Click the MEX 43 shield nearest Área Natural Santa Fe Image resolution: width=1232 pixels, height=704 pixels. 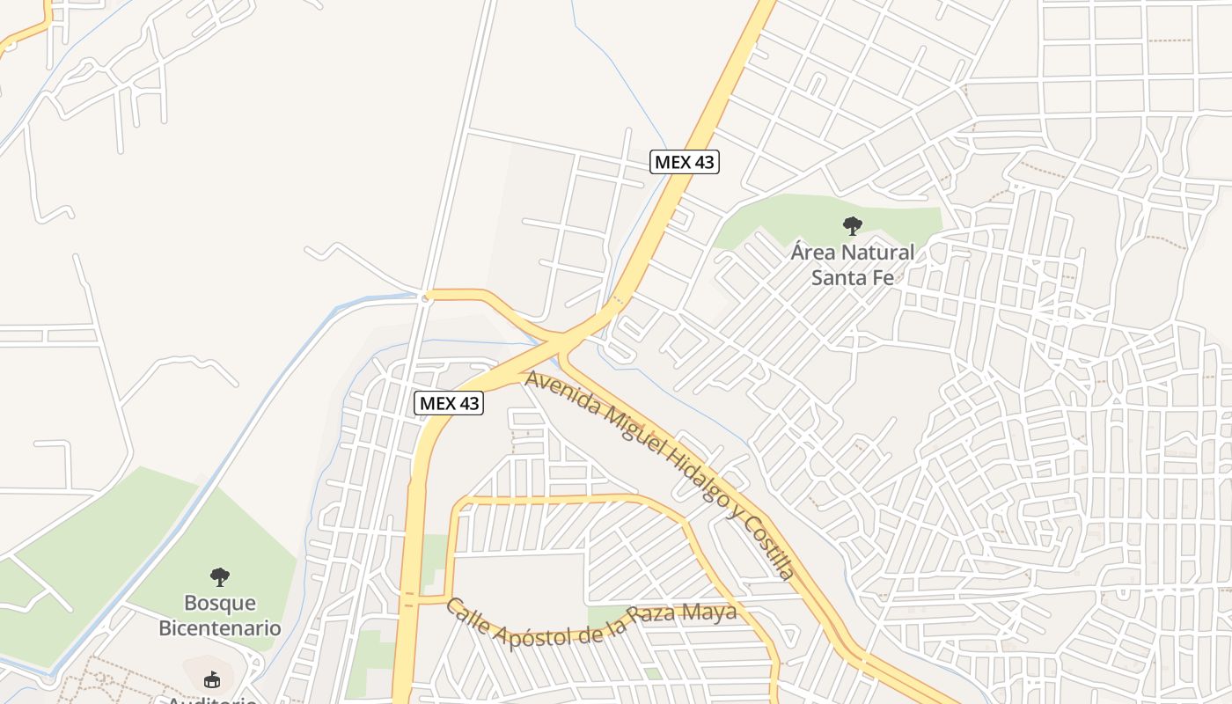point(685,162)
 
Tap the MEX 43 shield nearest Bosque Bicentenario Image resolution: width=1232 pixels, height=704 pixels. point(449,403)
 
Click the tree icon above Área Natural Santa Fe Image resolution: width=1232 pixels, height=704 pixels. point(852,226)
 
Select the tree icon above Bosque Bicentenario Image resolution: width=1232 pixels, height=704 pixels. point(220,577)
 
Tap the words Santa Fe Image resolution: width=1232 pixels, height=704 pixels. point(852,277)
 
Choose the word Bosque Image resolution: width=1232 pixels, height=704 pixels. point(220,604)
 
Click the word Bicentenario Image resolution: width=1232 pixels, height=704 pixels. point(220,628)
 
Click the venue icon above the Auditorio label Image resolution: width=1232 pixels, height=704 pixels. point(211,679)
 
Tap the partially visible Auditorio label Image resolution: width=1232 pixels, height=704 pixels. point(213,700)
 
